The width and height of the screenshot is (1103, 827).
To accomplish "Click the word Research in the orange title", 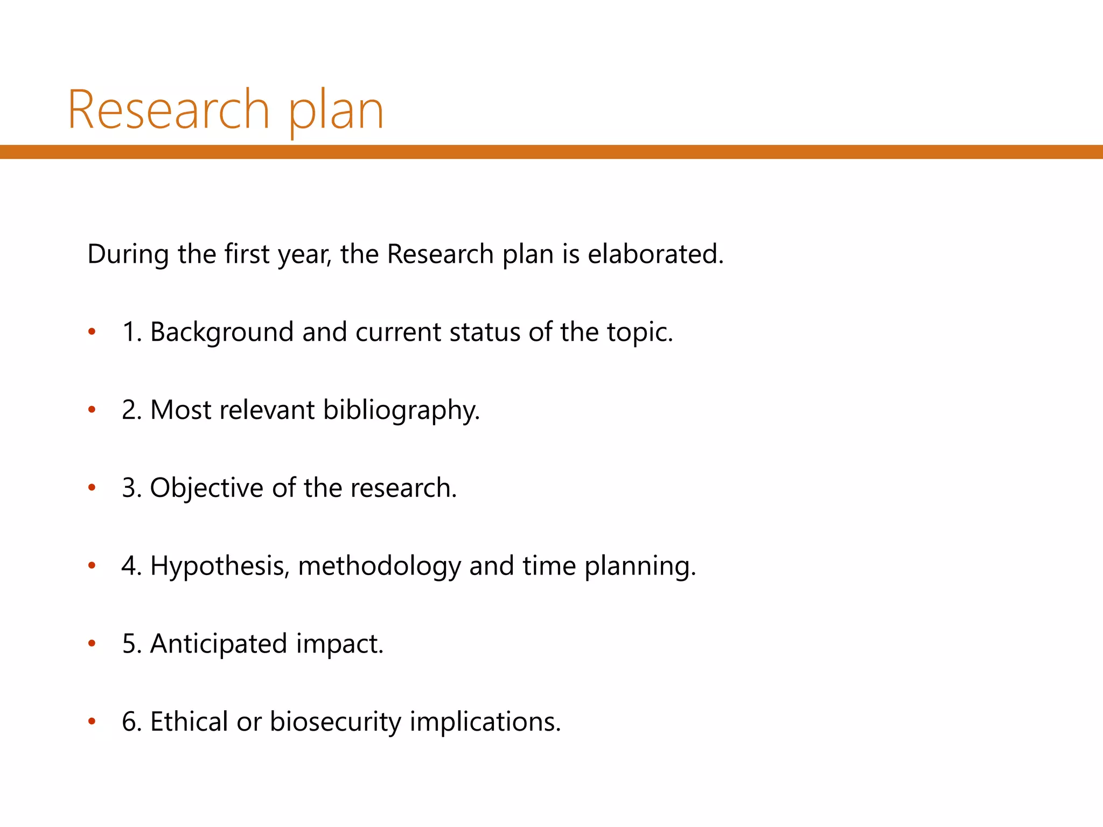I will pos(168,110).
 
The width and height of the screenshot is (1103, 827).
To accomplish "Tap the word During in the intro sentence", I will pos(128,254).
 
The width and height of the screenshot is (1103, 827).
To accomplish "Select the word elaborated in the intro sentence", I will pos(655,254).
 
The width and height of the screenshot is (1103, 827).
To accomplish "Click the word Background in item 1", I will pos(221,332).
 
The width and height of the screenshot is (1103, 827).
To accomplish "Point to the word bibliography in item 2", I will pos(401,410).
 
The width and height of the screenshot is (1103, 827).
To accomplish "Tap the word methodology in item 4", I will pos(379,566).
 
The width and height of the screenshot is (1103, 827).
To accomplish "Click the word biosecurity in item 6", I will pos(336,722).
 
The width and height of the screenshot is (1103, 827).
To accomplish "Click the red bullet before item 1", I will pos(92,332).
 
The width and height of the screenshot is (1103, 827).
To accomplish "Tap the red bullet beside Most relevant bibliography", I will pos(92,410).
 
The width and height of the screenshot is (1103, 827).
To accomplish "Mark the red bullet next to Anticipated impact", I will pos(92,644).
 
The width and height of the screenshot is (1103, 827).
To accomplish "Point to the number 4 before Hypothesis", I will pos(129,566).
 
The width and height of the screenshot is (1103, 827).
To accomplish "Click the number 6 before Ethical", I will pos(129,722).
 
